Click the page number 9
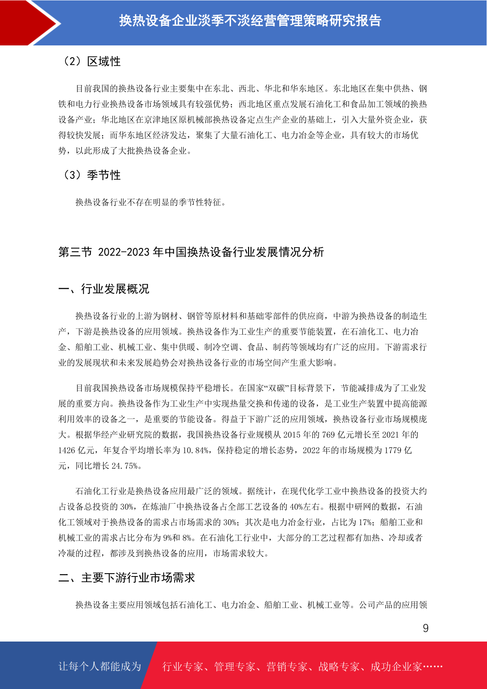coord(425,628)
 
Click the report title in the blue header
coord(250,20)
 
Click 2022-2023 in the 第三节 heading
coord(124,252)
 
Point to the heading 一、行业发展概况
coord(104,289)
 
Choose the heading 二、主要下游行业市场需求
coord(127,578)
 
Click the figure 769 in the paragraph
coord(328,435)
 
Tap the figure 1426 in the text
coord(67,450)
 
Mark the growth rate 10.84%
coord(196,450)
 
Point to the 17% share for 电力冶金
coord(365,522)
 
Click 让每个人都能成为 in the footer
coord(100,666)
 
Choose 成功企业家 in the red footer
coord(396,666)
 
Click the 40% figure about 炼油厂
coord(296,507)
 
